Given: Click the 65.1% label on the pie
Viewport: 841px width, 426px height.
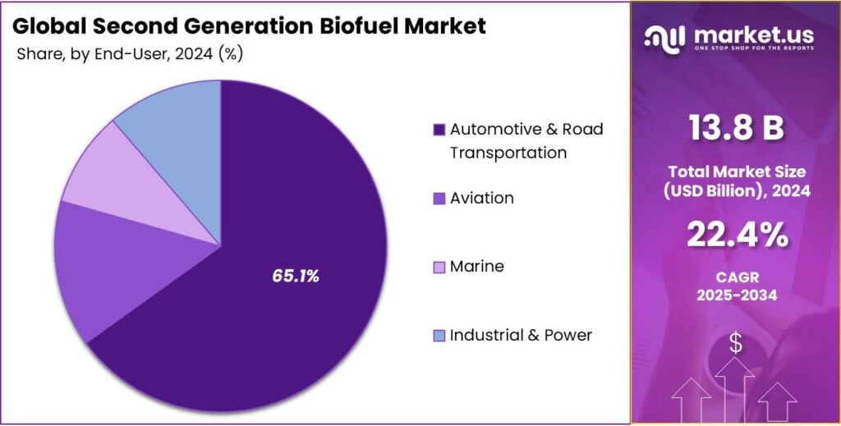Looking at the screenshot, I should (295, 277).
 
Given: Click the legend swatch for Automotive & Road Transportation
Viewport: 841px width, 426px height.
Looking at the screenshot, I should (439, 130).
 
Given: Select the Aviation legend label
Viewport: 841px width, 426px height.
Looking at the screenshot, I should (482, 198).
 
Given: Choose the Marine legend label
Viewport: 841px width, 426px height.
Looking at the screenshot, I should (477, 267).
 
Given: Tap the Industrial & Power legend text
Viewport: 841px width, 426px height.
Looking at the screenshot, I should (521, 335).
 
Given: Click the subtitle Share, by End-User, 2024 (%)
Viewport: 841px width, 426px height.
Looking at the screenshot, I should (129, 53).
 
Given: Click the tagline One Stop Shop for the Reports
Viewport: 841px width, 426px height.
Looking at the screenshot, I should (753, 48).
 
